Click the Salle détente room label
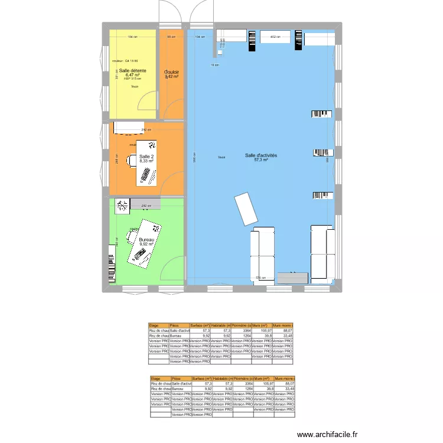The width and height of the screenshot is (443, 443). pos(132,71)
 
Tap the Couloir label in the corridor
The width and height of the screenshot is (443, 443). pos(172,72)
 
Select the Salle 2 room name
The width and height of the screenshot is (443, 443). pos(146,155)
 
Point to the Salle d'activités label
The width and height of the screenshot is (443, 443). pos(261,155)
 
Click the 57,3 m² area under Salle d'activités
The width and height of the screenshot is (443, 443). pos(261,160)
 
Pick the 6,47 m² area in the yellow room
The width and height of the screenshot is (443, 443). pos(132,76)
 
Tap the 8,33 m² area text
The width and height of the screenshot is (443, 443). pos(146,160)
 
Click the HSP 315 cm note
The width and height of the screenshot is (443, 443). pos(132,79)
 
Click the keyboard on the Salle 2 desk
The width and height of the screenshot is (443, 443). pos(145,174)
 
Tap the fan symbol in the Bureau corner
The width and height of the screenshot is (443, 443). pos(123,205)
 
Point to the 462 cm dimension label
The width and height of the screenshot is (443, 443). pos(274,37)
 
